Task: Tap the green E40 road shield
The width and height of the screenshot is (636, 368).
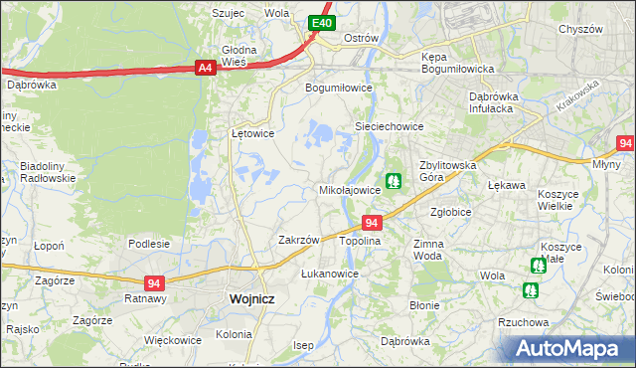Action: click(x=321, y=22)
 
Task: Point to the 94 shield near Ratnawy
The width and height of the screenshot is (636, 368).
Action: click(x=153, y=282)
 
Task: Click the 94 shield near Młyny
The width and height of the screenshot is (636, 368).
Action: click(x=625, y=143)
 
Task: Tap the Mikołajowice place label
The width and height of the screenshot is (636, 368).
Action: click(x=349, y=189)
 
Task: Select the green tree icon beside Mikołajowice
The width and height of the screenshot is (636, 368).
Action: click(x=395, y=180)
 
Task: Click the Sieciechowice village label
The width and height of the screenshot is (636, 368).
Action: click(x=391, y=126)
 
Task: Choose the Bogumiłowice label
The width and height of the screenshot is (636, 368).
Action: click(x=338, y=87)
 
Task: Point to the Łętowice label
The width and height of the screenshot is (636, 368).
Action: click(x=252, y=132)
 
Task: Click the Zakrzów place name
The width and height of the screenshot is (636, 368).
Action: click(x=298, y=240)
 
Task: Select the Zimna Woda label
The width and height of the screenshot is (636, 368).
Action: click(x=427, y=249)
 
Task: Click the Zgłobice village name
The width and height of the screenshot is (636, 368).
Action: click(x=451, y=212)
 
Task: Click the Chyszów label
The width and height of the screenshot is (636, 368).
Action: click(x=581, y=29)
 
